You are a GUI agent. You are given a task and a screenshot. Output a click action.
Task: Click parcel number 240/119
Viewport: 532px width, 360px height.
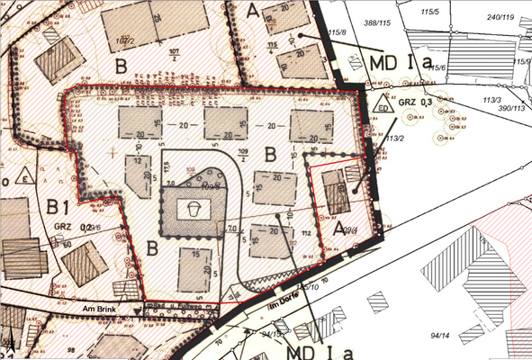click(500, 15)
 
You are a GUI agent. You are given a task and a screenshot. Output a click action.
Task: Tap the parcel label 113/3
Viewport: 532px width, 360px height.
click(491, 99)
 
